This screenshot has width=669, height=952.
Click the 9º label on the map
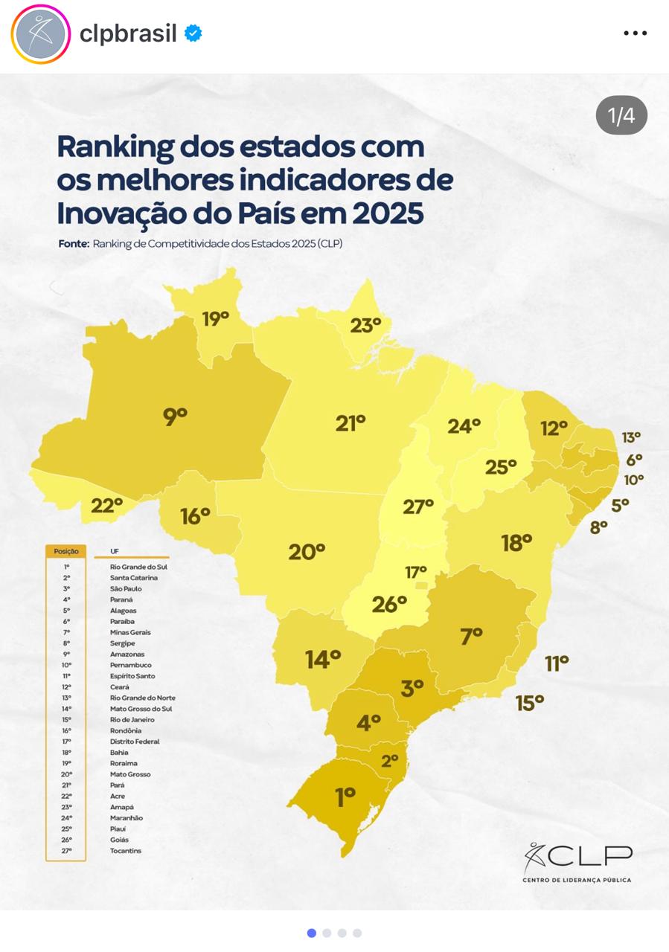[x=175, y=416]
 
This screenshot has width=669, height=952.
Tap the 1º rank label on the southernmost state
[x=345, y=797]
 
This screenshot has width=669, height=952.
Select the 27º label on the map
[x=417, y=506]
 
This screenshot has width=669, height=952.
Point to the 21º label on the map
[x=350, y=423]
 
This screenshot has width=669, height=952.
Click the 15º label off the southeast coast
[x=530, y=702]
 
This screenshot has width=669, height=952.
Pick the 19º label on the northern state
[x=215, y=319]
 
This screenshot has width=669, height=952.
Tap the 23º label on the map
[x=365, y=325]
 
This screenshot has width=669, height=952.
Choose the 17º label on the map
[x=416, y=572]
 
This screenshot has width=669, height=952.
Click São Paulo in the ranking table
[x=126, y=588]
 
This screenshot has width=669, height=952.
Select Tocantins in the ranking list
[x=126, y=851]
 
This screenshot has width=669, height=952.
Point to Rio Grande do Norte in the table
[x=143, y=698]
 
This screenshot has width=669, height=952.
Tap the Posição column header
[x=66, y=551]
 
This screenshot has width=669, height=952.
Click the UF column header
[x=115, y=551]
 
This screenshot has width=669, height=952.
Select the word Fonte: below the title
[x=74, y=243]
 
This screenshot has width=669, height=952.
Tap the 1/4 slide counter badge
[x=621, y=115]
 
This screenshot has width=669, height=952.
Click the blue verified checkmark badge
[x=193, y=33]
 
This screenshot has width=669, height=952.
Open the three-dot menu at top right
[x=635, y=33]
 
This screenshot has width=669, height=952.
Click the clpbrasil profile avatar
[x=41, y=33]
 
